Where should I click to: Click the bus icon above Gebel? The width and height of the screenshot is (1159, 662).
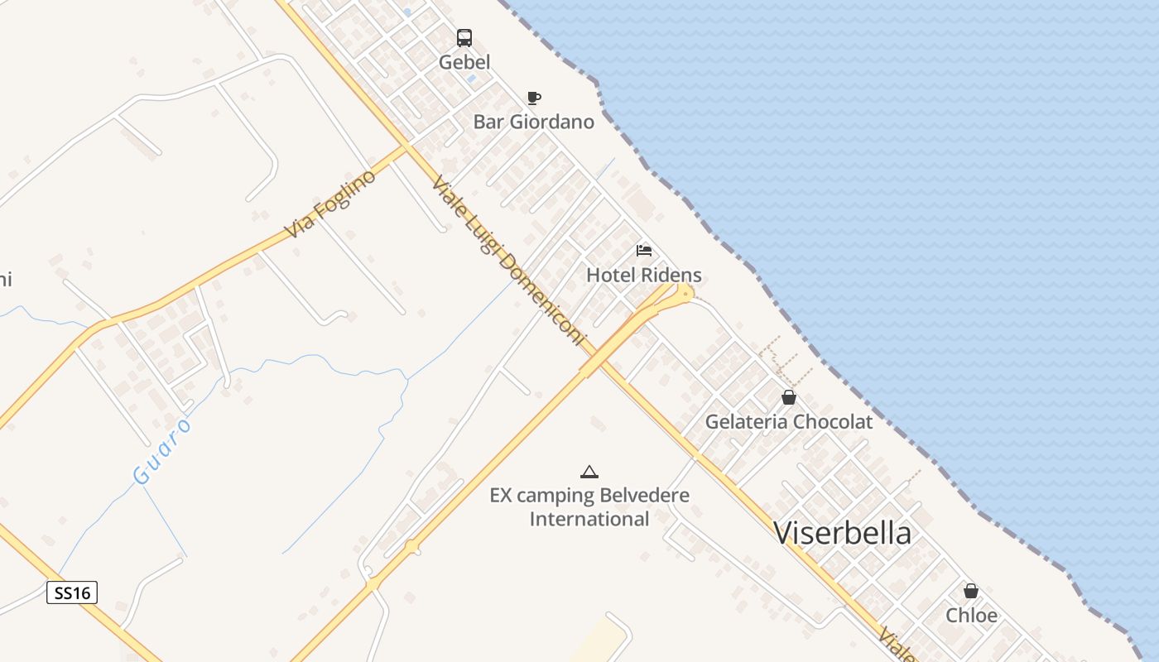coord(464,37)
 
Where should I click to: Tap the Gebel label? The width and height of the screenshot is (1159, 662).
coord(464,62)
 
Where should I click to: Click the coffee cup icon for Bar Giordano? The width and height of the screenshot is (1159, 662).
coord(534,98)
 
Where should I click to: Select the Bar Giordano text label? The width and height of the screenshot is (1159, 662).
coord(534,122)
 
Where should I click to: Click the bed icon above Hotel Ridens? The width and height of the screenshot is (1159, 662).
coord(644,251)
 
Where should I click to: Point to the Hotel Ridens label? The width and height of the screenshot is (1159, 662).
coord(644,275)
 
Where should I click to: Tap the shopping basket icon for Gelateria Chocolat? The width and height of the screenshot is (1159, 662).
coord(789,398)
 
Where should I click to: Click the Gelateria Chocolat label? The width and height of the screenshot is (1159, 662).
coord(789,422)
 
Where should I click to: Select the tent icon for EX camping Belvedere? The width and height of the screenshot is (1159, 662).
coord(589,473)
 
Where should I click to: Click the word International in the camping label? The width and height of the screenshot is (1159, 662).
coord(589,520)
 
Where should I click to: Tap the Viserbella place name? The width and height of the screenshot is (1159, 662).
coord(843,533)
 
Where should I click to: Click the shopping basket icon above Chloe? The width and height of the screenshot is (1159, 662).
coord(971,592)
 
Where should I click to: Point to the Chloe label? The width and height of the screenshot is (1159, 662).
coord(971,616)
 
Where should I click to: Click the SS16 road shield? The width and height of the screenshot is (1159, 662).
coord(72,592)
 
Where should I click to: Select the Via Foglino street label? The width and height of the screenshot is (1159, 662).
coord(329,204)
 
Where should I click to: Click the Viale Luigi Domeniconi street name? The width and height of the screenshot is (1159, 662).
coord(507,262)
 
